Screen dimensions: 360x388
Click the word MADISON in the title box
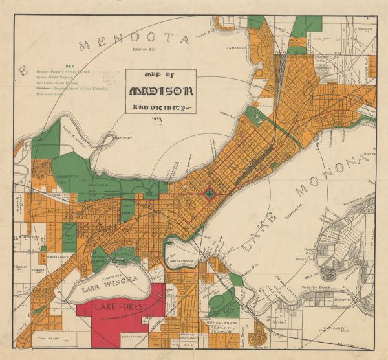tap(162, 91)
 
